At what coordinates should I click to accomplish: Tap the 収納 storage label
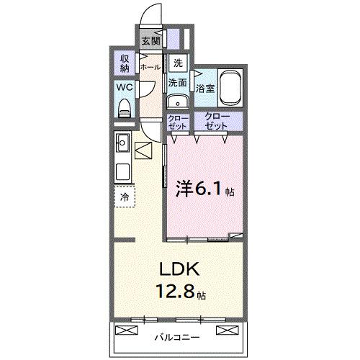point(124,63)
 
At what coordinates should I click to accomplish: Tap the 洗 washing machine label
point(177,63)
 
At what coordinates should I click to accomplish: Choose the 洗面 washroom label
point(178,83)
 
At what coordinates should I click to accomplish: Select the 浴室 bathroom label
point(204,89)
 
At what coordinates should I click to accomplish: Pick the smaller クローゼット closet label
point(177,121)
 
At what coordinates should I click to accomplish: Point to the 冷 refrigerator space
point(125,196)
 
